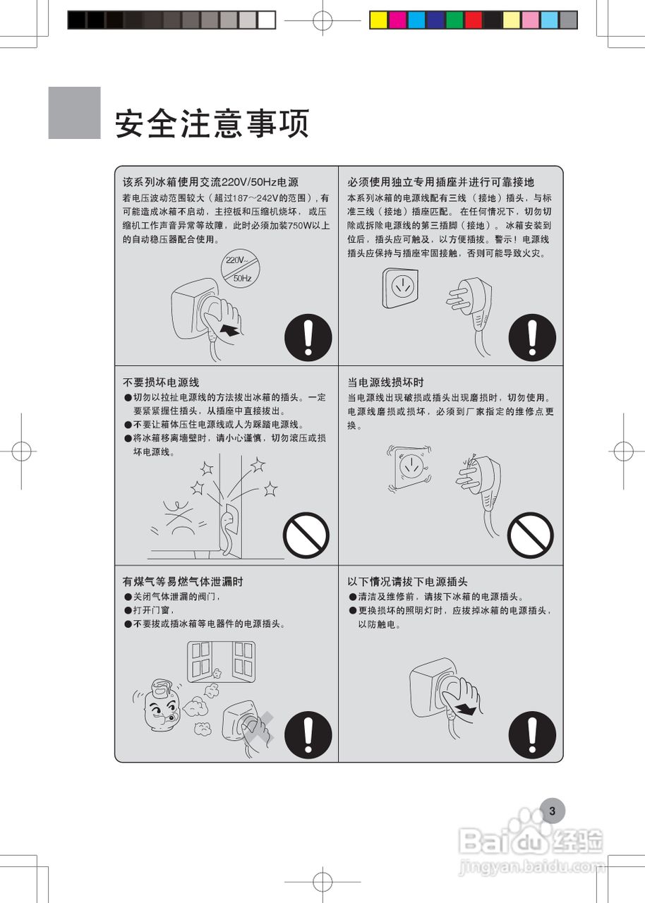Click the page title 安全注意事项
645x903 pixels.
[x=212, y=124]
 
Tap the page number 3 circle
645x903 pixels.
[x=552, y=811]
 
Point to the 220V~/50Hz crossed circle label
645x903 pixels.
[x=239, y=269]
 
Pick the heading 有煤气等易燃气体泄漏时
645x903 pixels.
[x=183, y=582]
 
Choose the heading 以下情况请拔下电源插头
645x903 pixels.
[x=407, y=582]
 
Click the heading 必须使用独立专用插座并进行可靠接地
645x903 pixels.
[x=440, y=182]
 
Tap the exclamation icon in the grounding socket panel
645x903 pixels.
[x=531, y=337]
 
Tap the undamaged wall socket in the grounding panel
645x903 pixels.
[x=402, y=288]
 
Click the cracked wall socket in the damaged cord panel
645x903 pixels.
[x=410, y=467]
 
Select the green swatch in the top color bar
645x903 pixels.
[x=454, y=20]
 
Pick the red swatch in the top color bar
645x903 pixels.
[x=474, y=20]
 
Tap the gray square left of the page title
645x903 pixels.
[x=74, y=113]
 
